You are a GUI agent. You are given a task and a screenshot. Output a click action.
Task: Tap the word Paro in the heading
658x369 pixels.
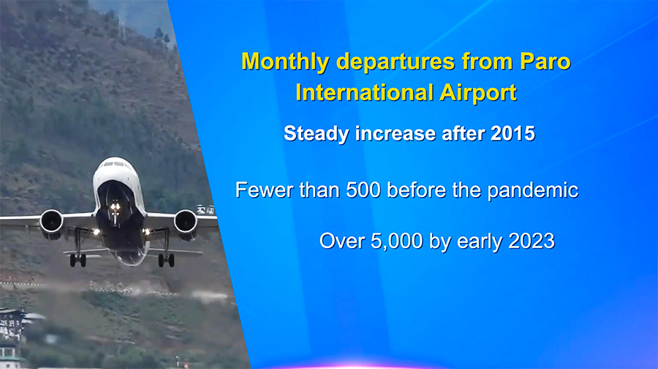pos(545,61)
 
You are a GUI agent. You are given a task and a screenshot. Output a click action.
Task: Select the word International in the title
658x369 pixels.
pos(365,92)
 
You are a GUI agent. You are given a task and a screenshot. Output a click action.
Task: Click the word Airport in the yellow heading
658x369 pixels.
pos(478,93)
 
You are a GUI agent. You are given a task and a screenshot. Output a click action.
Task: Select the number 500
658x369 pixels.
pos(363,190)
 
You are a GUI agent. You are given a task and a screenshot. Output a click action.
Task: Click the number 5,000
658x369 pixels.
pos(396,241)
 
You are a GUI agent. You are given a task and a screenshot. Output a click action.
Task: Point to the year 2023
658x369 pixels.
pos(532,241)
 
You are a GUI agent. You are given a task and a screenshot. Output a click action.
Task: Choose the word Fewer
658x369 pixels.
pos(265,190)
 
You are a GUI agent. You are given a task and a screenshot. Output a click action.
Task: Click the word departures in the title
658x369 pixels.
pos(396,62)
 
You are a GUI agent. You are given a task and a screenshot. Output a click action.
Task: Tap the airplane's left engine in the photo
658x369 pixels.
pos(52,222)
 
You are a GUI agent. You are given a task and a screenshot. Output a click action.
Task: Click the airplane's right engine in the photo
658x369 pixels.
pos(186,222)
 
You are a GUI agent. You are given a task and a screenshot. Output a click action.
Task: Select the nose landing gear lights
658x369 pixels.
pos(115,206)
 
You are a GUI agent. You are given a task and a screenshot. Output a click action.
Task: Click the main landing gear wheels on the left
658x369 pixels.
pos(77,260)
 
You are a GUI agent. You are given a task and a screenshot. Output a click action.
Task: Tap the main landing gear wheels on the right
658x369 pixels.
pos(166,260)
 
